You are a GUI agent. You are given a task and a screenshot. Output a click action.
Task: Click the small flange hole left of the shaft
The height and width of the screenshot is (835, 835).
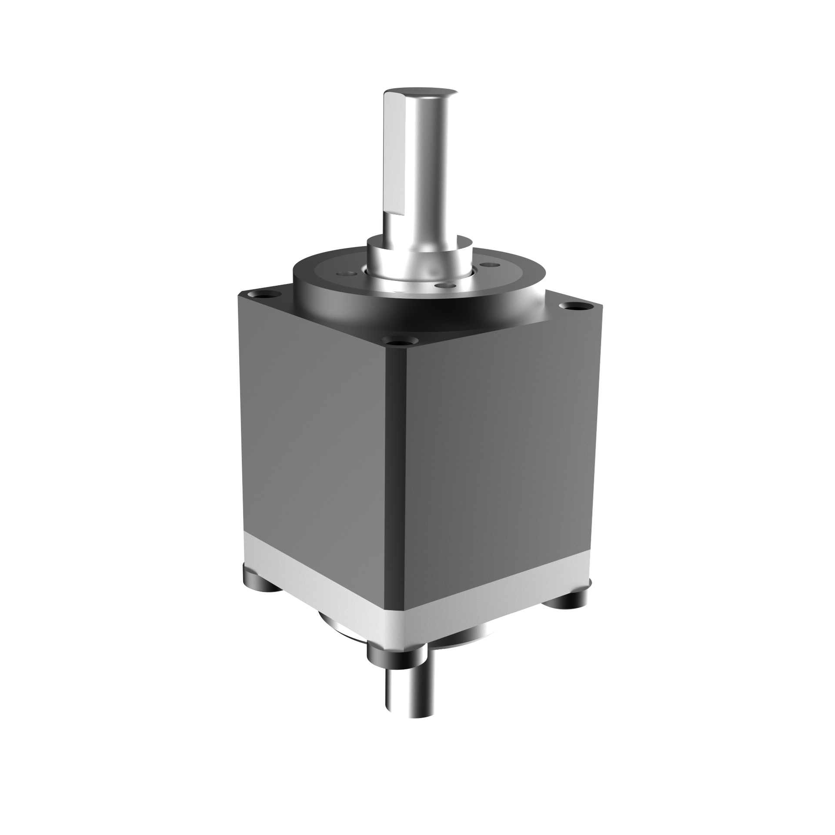pos(347,274)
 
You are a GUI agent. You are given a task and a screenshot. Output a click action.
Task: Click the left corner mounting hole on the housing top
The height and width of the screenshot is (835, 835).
pos(262,295)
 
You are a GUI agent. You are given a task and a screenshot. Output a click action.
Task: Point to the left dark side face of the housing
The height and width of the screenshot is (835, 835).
pos(313,435)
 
